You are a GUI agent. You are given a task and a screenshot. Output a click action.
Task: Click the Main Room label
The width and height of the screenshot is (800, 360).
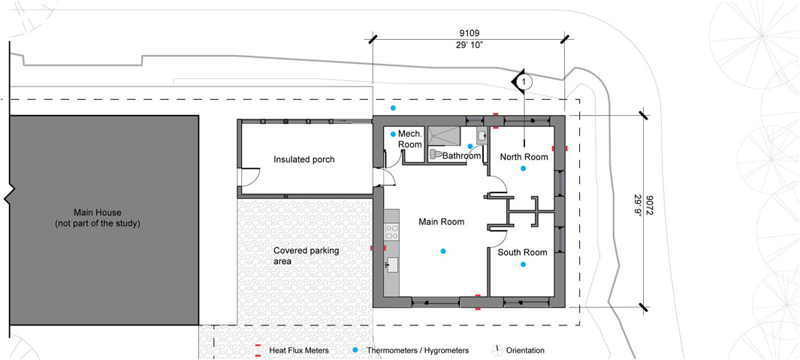[x=442, y=222]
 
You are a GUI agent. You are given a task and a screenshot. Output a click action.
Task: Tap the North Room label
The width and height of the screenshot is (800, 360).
[x=524, y=157]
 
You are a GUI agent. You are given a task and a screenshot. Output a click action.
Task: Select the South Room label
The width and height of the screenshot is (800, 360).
[x=523, y=253]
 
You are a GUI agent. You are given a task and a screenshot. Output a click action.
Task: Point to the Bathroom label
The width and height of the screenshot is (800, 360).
[x=462, y=156]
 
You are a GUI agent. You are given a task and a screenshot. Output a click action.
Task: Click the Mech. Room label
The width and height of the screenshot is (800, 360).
[x=411, y=139]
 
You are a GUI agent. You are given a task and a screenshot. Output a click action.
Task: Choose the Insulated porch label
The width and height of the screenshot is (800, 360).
[x=304, y=159]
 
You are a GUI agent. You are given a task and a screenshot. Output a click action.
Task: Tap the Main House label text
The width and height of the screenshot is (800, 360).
[x=97, y=217]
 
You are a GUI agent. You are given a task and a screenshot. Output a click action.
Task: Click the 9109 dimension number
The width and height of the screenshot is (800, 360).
[x=469, y=33]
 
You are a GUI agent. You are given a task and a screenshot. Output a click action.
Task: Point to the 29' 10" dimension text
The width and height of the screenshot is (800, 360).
[x=469, y=45]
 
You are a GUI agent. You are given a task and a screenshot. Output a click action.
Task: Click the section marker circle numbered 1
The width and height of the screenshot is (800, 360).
[x=527, y=80]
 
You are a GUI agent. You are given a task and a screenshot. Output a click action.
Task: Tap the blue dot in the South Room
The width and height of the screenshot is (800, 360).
[x=523, y=264]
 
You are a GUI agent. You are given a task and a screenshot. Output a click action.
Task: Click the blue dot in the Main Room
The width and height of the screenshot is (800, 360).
[x=443, y=251]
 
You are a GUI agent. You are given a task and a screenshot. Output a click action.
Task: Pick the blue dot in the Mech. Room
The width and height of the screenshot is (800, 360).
[x=393, y=135]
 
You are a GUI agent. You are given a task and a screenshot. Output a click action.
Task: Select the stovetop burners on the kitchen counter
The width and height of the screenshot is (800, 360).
[x=391, y=231]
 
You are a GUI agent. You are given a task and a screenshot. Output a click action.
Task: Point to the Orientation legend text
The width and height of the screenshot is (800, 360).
[x=525, y=351]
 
